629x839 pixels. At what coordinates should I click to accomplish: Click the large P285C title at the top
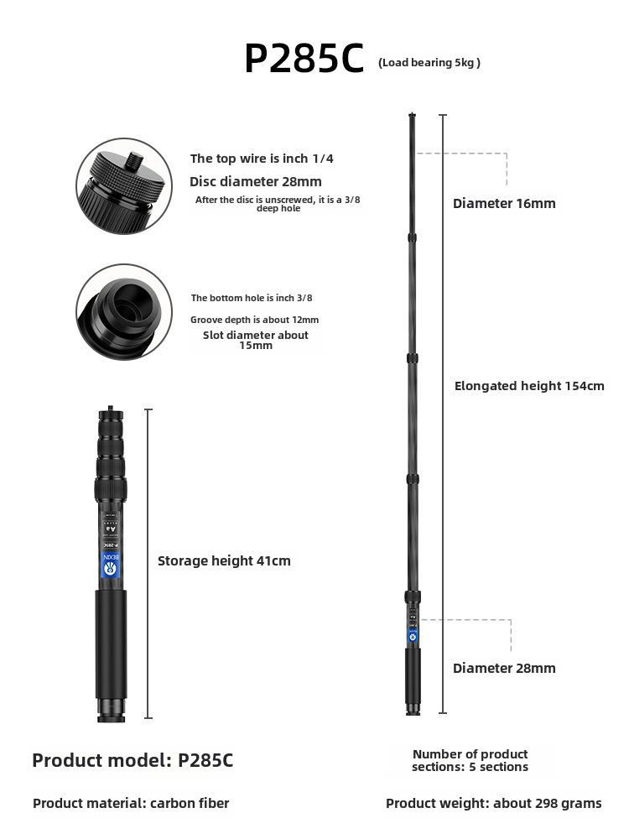tap(304, 59)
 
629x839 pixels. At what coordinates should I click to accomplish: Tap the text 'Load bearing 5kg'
tap(429, 62)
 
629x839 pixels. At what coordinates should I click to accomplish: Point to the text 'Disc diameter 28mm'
tap(255, 181)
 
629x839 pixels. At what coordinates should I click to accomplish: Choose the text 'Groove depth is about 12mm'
tap(254, 320)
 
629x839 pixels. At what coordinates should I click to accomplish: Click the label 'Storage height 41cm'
tap(224, 560)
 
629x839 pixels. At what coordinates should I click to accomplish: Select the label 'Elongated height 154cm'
tap(529, 386)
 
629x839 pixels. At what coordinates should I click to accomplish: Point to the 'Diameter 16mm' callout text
tap(504, 203)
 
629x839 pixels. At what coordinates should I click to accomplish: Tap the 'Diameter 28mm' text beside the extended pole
tap(504, 668)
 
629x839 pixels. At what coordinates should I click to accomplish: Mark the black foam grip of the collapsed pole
tap(110, 642)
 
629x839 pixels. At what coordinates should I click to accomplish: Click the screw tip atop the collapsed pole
tap(110, 411)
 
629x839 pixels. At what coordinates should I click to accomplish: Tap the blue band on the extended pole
tap(413, 635)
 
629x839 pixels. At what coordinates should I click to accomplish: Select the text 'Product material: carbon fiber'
tap(131, 803)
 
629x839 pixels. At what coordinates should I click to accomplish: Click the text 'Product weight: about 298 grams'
tap(493, 803)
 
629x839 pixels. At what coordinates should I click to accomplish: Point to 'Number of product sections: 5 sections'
tap(470, 760)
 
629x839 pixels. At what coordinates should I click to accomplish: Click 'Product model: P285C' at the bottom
tap(133, 761)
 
